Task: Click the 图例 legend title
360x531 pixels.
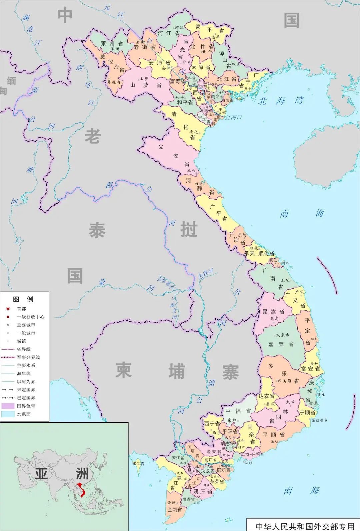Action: click(23, 299)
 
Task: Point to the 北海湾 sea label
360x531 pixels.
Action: click(281, 100)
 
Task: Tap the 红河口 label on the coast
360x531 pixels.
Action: click(233, 117)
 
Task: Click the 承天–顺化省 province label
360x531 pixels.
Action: click(260, 254)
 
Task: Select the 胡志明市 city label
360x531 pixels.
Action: click(230, 444)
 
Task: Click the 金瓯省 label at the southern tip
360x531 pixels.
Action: click(175, 510)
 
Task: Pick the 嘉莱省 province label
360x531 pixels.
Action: click(281, 344)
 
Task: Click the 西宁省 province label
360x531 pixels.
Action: click(212, 424)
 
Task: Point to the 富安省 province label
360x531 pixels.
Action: click(310, 369)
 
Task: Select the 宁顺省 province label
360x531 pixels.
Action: click(307, 413)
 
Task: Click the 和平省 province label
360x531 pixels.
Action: click(185, 102)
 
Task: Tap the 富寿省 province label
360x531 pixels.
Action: click(177, 81)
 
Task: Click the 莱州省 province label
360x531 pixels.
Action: click(112, 43)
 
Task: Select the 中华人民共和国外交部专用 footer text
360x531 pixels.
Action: click(305, 526)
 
